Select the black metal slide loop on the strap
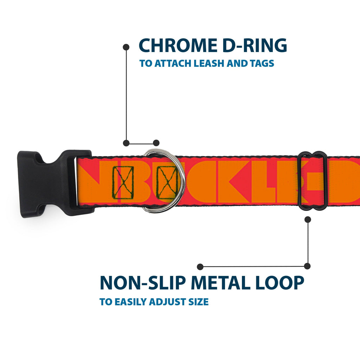(x=312, y=181)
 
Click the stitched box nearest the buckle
(x=123, y=182)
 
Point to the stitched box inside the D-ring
(x=167, y=182)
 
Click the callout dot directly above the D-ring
(x=156, y=143)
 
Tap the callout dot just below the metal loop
(x=308, y=219)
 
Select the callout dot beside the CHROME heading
(x=126, y=47)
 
